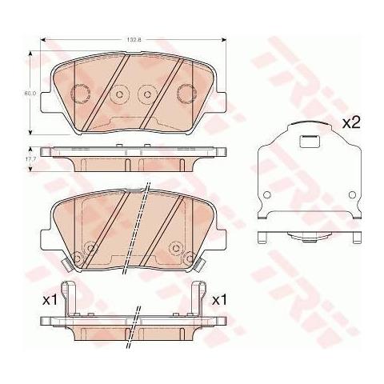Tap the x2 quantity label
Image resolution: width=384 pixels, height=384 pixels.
point(353,124)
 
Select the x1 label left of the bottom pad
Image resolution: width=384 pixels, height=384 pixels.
point(49,300)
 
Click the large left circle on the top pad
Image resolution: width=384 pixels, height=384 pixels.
point(80,93)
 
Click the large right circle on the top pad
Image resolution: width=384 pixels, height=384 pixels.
point(186,93)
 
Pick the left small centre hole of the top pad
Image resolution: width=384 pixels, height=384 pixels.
point(120,94)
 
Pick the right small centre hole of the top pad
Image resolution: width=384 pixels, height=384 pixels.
point(146,94)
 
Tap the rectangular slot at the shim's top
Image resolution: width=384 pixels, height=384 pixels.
point(307,143)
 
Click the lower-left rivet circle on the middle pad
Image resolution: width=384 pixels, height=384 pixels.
point(78,257)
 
